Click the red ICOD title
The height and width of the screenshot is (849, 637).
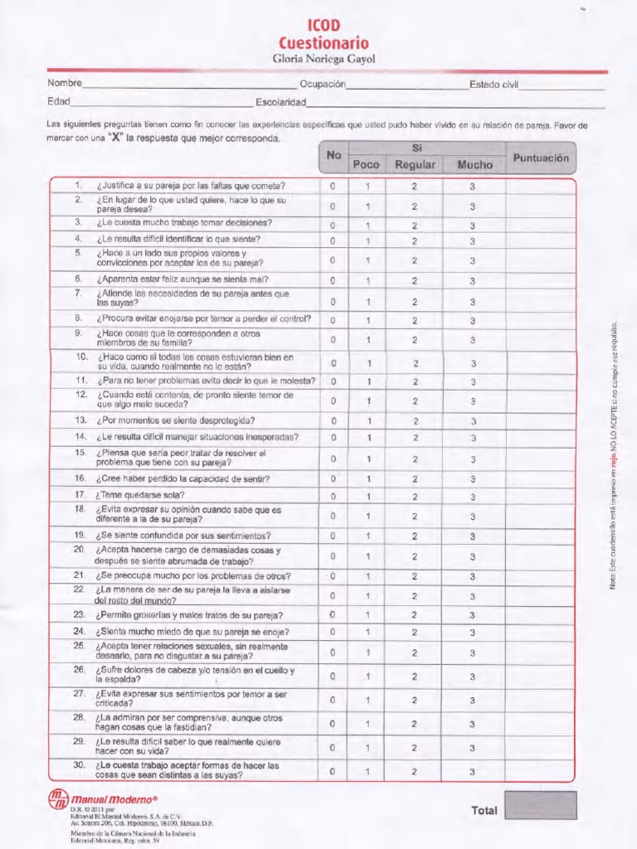point(323,27)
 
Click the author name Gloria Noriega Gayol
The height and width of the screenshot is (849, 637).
point(323,59)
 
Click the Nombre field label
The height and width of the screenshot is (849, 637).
point(64,84)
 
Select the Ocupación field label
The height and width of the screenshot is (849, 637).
point(323,85)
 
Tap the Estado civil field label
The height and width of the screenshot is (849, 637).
point(494,85)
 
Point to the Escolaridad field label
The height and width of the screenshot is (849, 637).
point(281,103)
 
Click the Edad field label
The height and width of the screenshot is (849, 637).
point(58,102)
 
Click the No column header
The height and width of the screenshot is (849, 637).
point(333,155)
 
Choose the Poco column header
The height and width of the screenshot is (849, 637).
point(366,164)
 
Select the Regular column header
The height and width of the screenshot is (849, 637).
point(415,164)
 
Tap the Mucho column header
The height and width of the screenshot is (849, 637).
point(474,164)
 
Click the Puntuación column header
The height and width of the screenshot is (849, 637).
point(541,157)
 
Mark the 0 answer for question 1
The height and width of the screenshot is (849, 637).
point(333,187)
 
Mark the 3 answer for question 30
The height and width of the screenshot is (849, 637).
point(473,772)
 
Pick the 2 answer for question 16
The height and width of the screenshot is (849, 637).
point(415,479)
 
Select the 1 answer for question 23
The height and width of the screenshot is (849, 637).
point(367,615)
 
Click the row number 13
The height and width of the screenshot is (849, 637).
point(81,420)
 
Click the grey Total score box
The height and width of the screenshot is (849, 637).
point(540,805)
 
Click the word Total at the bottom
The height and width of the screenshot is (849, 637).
point(484,810)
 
